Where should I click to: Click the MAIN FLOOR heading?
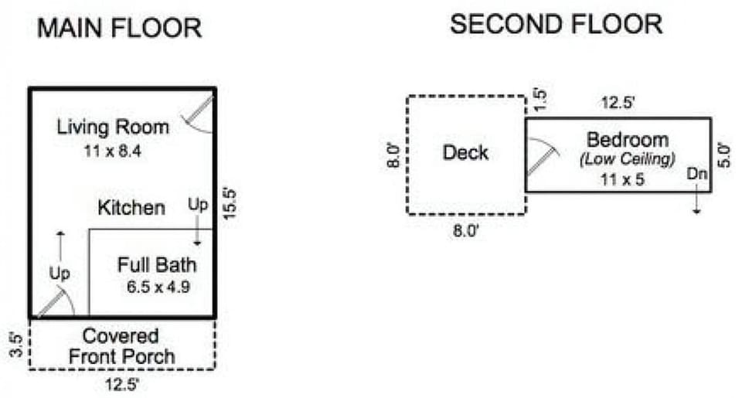click(x=119, y=28)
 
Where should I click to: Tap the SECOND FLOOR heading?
click(x=556, y=24)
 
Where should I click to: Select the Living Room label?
click(x=113, y=128)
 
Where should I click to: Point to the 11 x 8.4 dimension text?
click(x=113, y=151)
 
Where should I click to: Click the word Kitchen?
click(x=131, y=208)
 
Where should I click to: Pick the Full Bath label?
click(x=157, y=265)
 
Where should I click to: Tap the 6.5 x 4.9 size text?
click(x=158, y=287)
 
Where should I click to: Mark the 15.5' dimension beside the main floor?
click(x=229, y=203)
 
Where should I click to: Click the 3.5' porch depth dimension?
click(x=16, y=345)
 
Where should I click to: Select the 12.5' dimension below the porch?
click(x=122, y=384)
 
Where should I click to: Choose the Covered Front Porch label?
click(x=121, y=346)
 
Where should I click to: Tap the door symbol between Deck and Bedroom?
click(x=542, y=156)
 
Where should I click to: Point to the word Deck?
click(x=465, y=152)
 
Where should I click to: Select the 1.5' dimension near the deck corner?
click(x=540, y=100)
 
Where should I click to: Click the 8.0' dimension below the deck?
click(x=466, y=231)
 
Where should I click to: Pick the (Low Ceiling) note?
click(x=628, y=159)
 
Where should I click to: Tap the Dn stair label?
click(x=696, y=174)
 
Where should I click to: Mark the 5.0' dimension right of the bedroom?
click(x=723, y=155)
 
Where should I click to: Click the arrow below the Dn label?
click(x=696, y=199)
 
